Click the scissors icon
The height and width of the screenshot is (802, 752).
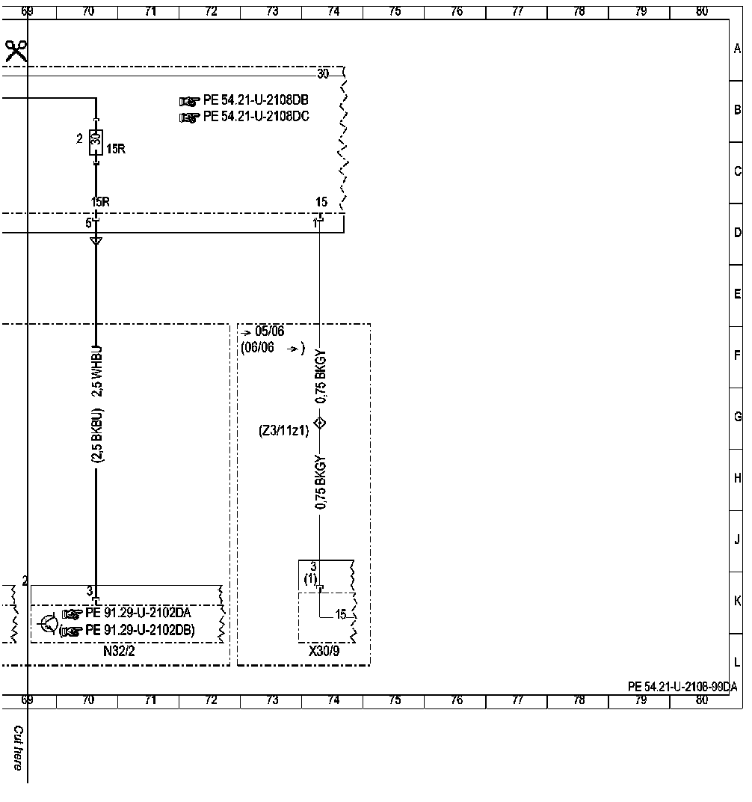(x=16, y=51)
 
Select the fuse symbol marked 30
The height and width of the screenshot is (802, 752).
(x=96, y=141)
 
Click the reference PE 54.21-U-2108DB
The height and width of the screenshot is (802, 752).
(x=256, y=100)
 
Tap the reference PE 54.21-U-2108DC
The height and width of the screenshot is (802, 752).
(x=256, y=117)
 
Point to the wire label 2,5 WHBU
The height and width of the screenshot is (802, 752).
(x=97, y=371)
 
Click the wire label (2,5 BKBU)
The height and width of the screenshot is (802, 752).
(x=97, y=435)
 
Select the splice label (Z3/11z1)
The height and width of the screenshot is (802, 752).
(x=284, y=431)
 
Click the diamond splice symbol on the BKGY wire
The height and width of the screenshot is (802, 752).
(x=320, y=423)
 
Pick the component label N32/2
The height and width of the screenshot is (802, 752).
(x=119, y=651)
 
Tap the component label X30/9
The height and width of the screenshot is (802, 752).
(x=324, y=651)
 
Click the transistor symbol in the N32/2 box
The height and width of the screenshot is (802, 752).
(x=49, y=623)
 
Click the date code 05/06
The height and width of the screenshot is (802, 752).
(x=269, y=331)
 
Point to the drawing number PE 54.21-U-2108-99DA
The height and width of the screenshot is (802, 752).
(x=682, y=687)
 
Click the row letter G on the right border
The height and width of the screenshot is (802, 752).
(x=737, y=417)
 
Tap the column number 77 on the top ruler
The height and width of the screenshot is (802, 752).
(x=518, y=10)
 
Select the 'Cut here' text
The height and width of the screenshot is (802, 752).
(x=18, y=748)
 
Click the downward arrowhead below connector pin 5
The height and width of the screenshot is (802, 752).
(x=96, y=241)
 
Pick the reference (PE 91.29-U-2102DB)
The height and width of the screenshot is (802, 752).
(x=127, y=630)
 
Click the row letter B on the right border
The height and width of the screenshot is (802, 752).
(x=737, y=110)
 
